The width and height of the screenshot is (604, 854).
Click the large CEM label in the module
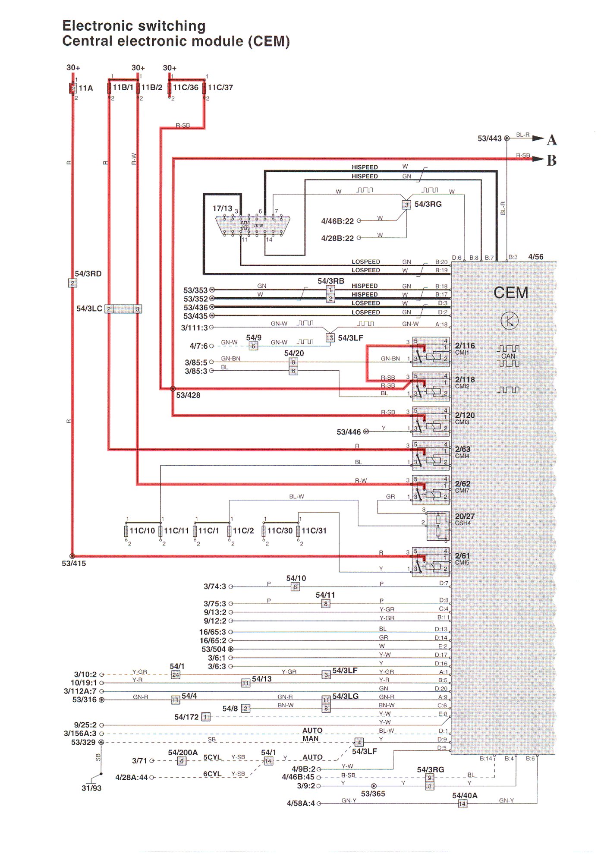click(x=511, y=293)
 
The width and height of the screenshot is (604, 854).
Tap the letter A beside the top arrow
click(x=551, y=140)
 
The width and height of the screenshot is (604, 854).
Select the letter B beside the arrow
click(x=551, y=161)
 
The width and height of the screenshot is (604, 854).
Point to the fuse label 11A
click(x=86, y=88)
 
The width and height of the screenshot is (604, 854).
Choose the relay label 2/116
click(x=465, y=346)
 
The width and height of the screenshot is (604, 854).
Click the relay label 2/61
click(x=462, y=556)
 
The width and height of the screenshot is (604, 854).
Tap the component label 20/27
click(x=465, y=516)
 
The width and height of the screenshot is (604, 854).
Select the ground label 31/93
click(x=91, y=788)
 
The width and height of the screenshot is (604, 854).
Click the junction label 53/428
click(x=188, y=395)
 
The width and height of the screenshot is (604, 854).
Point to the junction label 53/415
click(x=74, y=563)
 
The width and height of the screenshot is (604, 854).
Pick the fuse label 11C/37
click(x=220, y=88)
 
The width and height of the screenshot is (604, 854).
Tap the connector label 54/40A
click(x=465, y=795)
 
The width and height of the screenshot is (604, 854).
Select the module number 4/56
click(x=535, y=257)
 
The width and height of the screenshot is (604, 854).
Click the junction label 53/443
click(x=489, y=139)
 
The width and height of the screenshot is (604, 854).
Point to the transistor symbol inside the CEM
click(x=510, y=321)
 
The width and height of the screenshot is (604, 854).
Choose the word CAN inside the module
click(x=508, y=356)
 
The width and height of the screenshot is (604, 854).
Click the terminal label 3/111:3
click(x=194, y=328)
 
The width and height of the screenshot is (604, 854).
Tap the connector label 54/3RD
click(x=88, y=274)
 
